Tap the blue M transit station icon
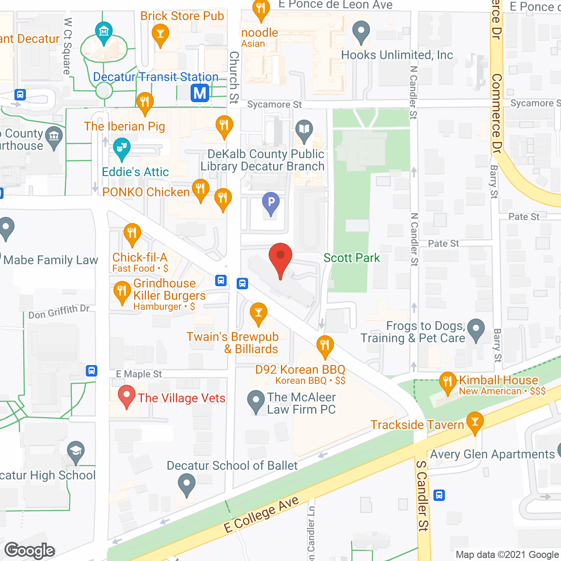pos(200,93)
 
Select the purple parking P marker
pos(271,202)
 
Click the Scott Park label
pos(352,258)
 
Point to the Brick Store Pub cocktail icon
pos(160,33)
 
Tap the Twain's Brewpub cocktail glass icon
pos(259,312)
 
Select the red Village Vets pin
pos(127,395)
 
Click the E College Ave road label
pos(261,515)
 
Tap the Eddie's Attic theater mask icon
pos(121,147)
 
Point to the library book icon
pos(304,130)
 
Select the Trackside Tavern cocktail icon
pos(475,422)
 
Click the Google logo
pos(30,550)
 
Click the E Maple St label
pos(138,374)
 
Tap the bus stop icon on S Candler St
pos(439,495)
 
